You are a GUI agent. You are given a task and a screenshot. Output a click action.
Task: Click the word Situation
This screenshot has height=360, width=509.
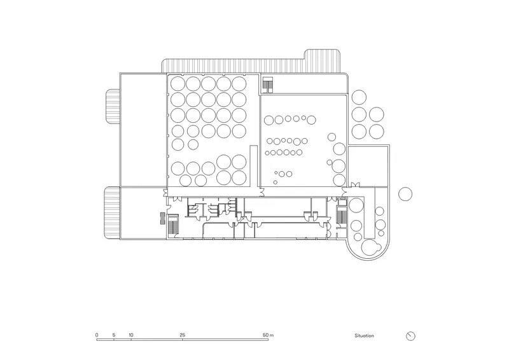coord(364,336)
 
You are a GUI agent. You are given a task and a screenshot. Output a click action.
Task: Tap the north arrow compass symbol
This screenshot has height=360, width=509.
coord(410,336)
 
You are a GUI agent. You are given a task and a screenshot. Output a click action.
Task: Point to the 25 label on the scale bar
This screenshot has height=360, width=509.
coord(183,335)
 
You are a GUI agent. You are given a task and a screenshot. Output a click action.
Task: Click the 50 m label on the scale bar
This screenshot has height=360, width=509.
coord(268,335)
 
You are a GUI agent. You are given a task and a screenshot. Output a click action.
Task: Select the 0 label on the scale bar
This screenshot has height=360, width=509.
coord(97,335)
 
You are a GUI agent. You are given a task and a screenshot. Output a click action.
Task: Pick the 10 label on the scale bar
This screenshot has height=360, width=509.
coord(131,335)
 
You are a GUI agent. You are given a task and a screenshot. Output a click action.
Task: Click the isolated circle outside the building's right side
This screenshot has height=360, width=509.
coord(405,194)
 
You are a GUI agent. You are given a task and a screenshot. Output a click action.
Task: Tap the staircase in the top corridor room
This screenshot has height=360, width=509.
coord(267,83)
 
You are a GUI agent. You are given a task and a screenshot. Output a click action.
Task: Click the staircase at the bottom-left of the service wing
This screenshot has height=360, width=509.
coord(173,224)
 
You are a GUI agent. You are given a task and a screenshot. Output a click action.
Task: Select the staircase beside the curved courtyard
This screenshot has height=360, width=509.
coord(342,214)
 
